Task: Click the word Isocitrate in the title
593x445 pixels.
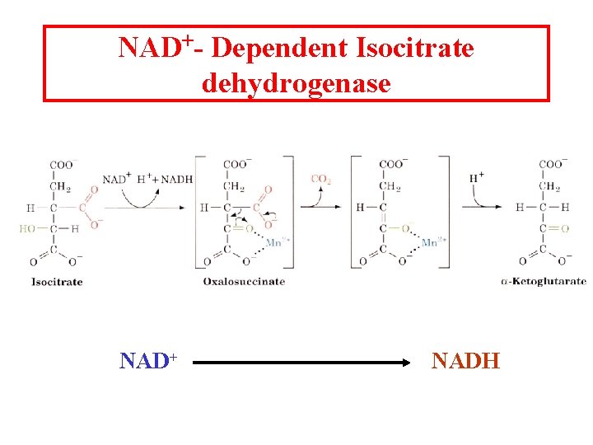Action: (x=415, y=49)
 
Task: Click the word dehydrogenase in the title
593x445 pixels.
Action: (x=296, y=82)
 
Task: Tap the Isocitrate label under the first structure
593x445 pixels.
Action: (x=57, y=281)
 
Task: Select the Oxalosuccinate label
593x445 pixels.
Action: (x=244, y=281)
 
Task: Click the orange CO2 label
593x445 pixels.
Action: (x=321, y=179)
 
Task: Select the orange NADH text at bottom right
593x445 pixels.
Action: (x=465, y=361)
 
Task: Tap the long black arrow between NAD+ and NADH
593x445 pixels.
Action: (x=305, y=362)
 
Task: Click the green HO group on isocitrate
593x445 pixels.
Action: (x=28, y=228)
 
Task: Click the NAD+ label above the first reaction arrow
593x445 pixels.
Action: (x=115, y=180)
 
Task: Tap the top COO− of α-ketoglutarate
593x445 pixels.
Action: (x=552, y=164)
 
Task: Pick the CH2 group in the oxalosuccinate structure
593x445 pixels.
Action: (x=236, y=186)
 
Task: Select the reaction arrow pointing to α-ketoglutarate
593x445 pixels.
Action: (x=486, y=207)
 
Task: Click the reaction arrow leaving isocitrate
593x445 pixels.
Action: (x=144, y=208)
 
